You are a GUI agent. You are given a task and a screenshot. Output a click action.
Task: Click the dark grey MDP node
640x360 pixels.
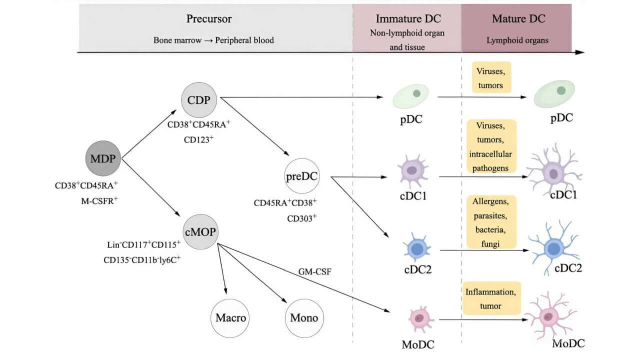pyautogui.click(x=103, y=158)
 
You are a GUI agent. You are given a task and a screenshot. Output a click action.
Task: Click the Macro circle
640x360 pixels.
pyautogui.click(x=230, y=318)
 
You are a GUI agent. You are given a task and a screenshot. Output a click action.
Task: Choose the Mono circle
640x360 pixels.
pyautogui.click(x=304, y=318)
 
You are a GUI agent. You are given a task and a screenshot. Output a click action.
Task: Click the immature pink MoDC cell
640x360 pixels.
pyautogui.click(x=419, y=318)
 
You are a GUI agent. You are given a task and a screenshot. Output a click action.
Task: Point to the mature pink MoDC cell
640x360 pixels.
pyautogui.click(x=549, y=316)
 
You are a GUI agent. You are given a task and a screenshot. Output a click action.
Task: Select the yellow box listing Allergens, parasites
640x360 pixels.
pyautogui.click(x=491, y=222)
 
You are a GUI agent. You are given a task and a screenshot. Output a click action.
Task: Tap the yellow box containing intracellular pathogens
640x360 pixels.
pyautogui.click(x=491, y=146)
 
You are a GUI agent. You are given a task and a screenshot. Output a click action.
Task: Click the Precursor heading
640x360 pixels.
pyautogui.click(x=209, y=19)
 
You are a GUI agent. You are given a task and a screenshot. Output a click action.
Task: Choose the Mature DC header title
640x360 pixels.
pyautogui.click(x=518, y=19)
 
